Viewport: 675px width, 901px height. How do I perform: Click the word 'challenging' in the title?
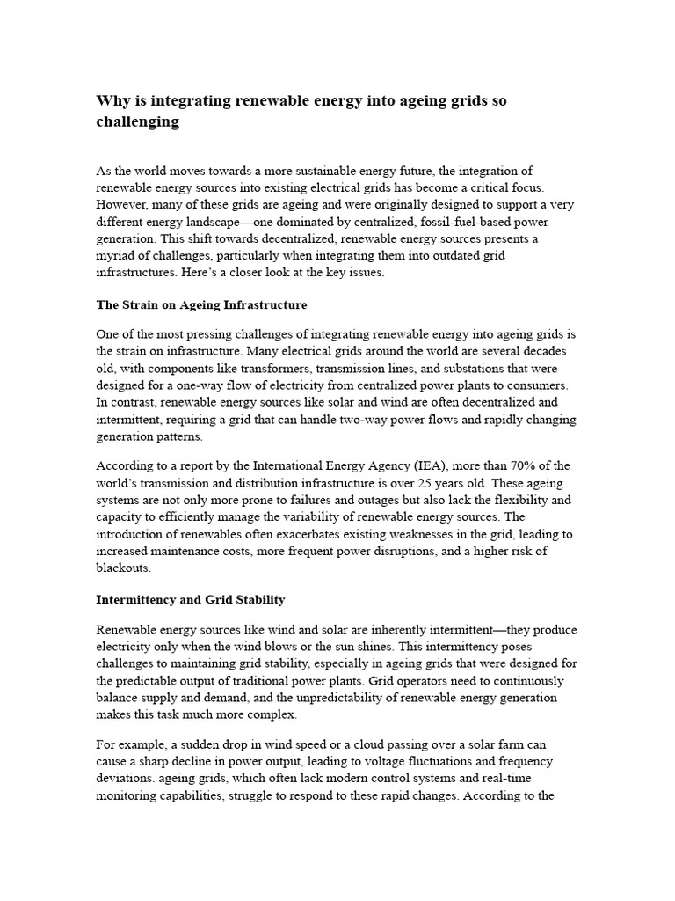tap(137, 122)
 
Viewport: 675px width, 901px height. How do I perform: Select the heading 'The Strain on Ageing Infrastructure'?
tap(201, 305)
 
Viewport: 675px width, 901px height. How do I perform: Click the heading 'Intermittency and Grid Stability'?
tap(191, 599)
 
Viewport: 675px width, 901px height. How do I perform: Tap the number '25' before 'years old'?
tap(417, 483)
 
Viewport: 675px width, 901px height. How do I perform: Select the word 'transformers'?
tap(271, 369)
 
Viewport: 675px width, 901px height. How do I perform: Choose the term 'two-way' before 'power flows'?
tap(413, 420)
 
